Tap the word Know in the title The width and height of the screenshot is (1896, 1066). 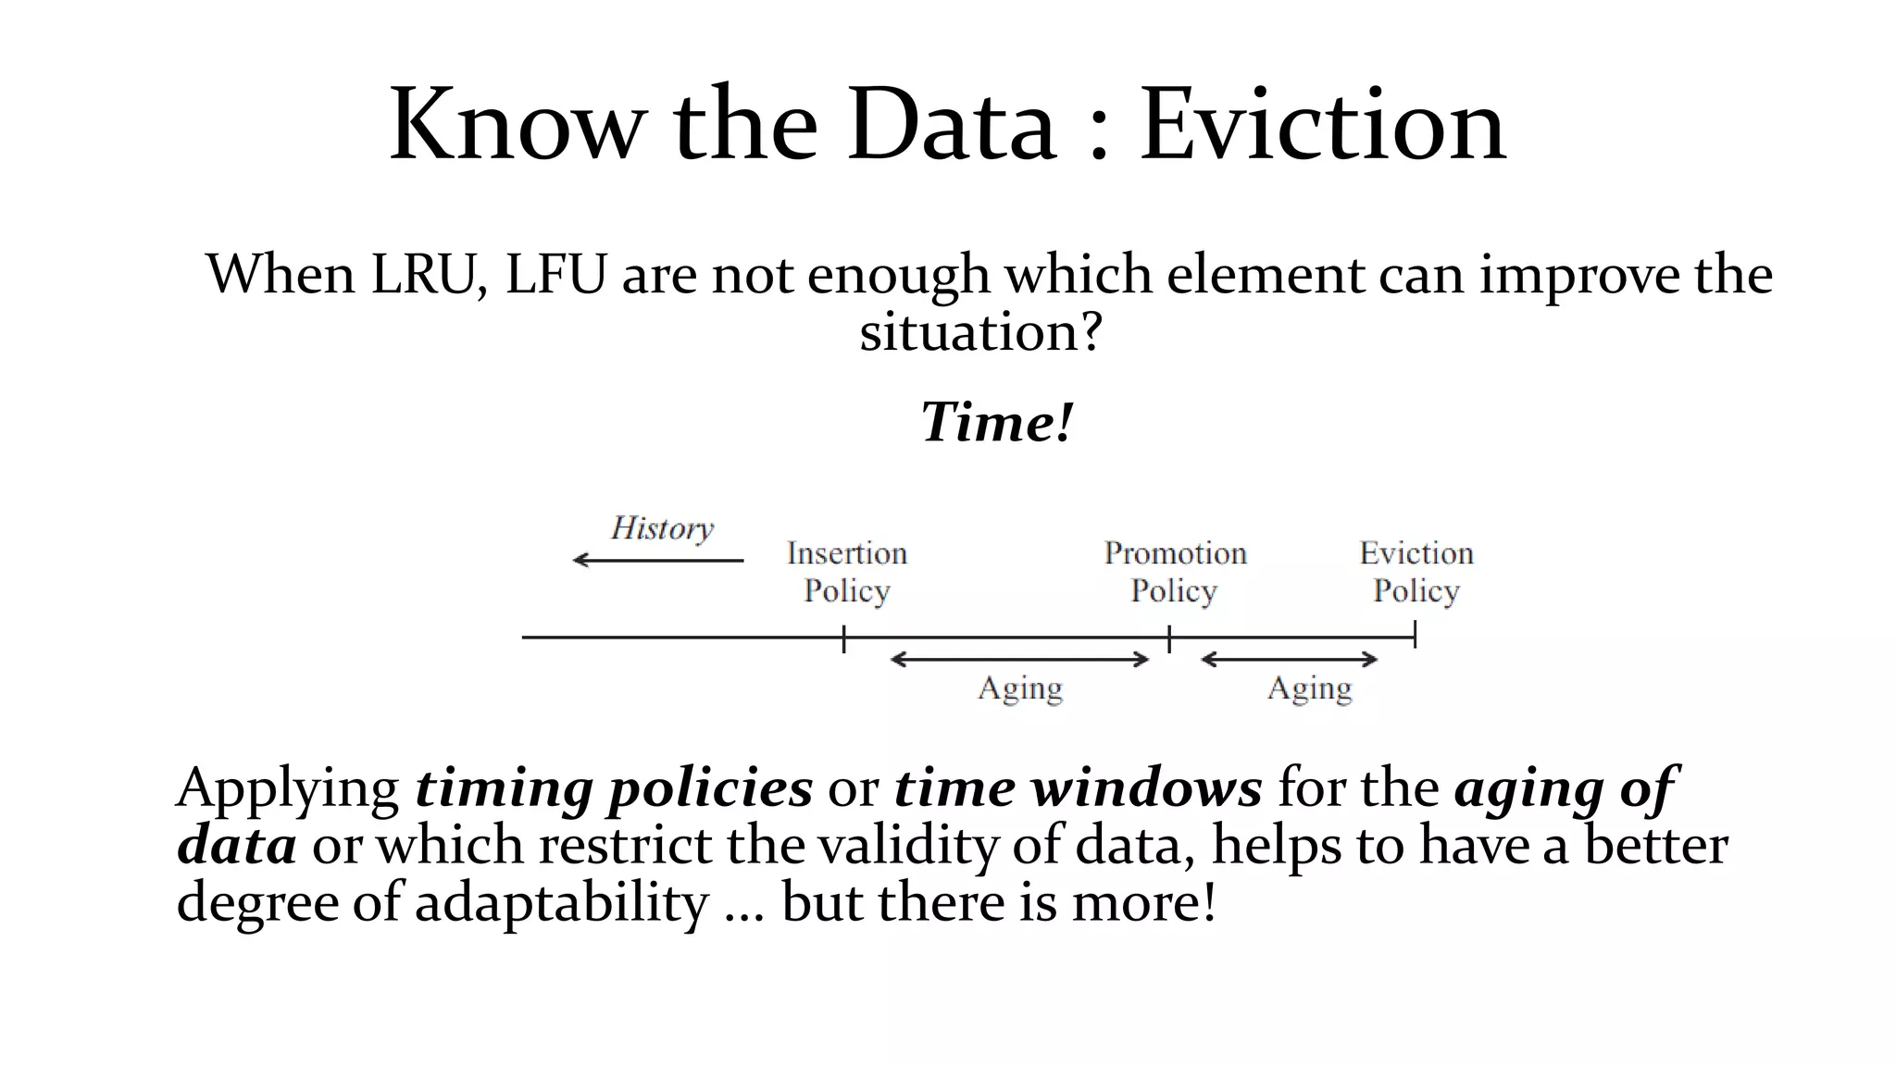[516, 125]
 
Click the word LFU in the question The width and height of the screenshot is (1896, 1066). [555, 275]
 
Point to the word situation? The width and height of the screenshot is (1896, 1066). [980, 331]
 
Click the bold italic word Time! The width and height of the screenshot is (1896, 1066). [997, 423]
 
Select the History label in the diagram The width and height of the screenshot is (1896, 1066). [662, 528]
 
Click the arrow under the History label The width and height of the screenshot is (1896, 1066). [658, 560]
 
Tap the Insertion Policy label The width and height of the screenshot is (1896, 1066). [847, 572]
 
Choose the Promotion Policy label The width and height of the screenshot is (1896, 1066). [1175, 572]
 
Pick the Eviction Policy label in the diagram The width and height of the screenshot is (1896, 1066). [1416, 572]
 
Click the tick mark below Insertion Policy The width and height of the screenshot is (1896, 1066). [844, 638]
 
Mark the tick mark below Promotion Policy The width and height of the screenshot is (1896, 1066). [1169, 638]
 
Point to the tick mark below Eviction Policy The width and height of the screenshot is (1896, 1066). [1416, 635]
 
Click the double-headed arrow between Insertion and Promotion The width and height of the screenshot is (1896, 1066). [1019, 660]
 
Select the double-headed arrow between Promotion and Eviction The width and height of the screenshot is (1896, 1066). [1290, 660]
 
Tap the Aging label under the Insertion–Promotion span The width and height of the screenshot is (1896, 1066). [1020, 689]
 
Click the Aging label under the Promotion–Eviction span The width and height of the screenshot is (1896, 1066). [1309, 689]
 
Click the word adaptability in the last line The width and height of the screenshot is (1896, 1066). [561, 902]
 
